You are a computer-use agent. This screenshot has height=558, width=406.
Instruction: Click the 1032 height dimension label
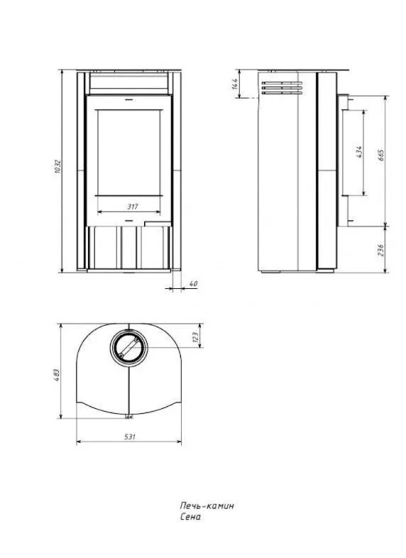point(59,167)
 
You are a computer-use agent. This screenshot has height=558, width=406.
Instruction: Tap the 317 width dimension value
point(132,207)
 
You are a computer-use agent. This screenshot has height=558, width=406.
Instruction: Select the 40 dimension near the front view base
point(193,284)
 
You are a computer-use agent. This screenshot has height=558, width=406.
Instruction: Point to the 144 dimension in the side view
point(234,84)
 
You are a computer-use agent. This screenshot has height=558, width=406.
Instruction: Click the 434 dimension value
point(358,152)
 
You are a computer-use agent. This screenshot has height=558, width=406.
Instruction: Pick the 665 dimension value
point(380,155)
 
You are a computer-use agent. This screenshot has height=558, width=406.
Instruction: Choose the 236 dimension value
point(380,250)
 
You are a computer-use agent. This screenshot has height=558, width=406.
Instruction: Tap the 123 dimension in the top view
point(195,337)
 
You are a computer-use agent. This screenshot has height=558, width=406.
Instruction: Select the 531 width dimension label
point(130,437)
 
